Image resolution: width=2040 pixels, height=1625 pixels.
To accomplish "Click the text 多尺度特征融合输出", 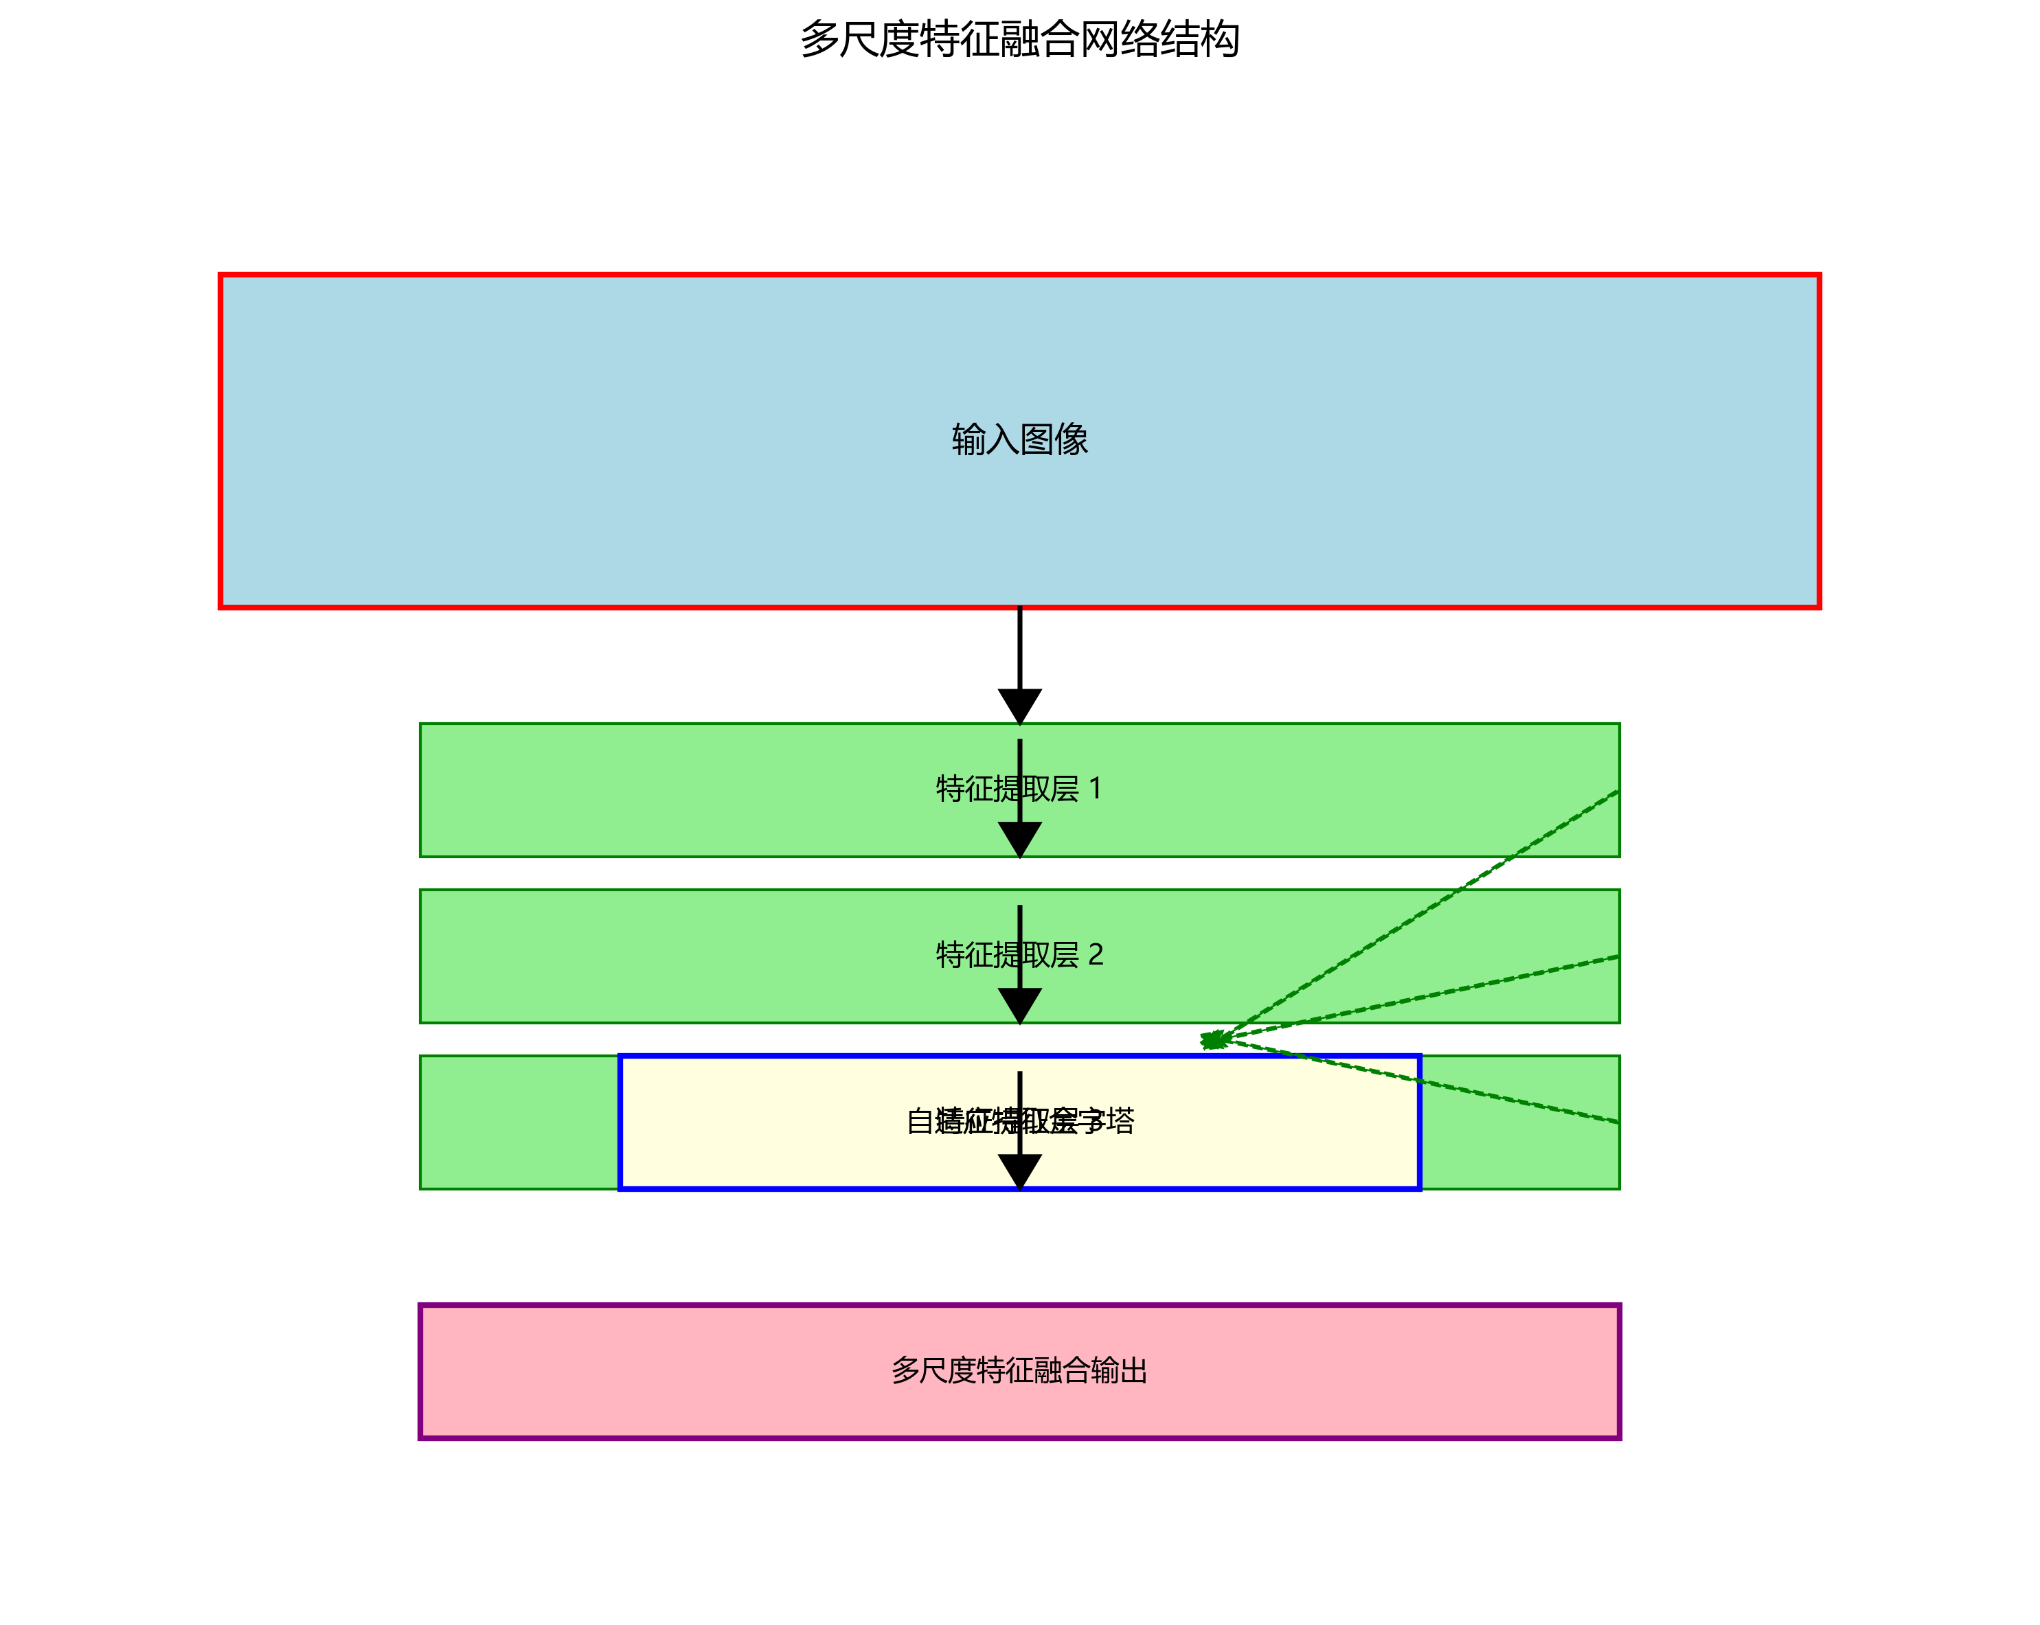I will [x=1019, y=1370].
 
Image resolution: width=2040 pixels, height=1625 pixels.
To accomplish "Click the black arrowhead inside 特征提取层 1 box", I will [x=1020, y=838].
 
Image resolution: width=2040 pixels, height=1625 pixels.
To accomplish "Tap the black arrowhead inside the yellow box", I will [x=1020, y=1171].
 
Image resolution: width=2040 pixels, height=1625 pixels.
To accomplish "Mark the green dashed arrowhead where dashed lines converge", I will [x=1212, y=1041].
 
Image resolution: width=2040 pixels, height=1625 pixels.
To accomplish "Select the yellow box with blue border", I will [x=757, y=1122].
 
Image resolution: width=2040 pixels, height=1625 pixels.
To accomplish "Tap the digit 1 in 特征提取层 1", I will [x=1096, y=789].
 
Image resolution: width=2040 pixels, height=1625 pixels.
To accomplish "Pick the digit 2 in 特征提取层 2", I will [x=1096, y=956].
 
